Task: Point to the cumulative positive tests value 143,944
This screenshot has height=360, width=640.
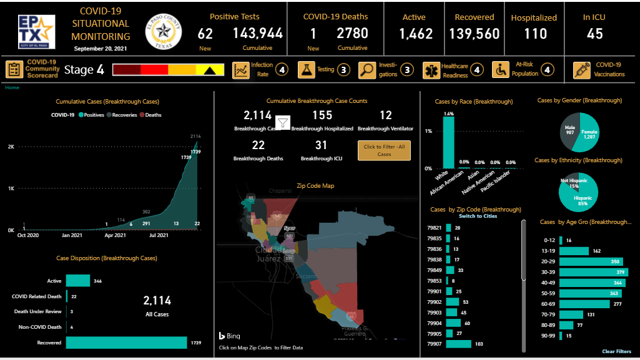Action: point(258,34)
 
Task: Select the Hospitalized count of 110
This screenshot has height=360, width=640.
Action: point(535,34)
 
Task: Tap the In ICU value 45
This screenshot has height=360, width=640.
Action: point(594,34)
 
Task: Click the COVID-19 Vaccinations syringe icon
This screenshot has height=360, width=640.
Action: point(582,70)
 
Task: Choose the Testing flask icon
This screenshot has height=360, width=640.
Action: point(306,70)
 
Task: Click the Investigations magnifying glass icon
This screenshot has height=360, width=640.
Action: point(367,70)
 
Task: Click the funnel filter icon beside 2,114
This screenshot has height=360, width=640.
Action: point(282,124)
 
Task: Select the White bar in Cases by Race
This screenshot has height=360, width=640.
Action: point(448,142)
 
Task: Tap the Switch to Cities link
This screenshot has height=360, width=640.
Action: point(479,216)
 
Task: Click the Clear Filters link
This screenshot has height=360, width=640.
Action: point(616,351)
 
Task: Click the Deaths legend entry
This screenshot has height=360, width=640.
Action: point(150,115)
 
